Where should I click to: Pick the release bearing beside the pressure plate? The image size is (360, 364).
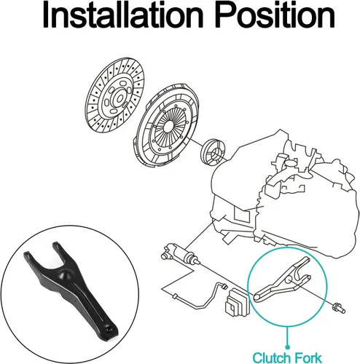[213, 152]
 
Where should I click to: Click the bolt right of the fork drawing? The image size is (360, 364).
[339, 308]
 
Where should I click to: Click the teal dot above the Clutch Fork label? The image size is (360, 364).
[287, 347]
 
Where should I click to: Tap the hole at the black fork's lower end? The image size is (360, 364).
[109, 330]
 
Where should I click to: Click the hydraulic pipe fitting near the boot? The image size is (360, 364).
[224, 286]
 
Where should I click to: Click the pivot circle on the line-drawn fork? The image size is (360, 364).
[288, 280]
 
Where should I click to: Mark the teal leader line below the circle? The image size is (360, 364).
[287, 336]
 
